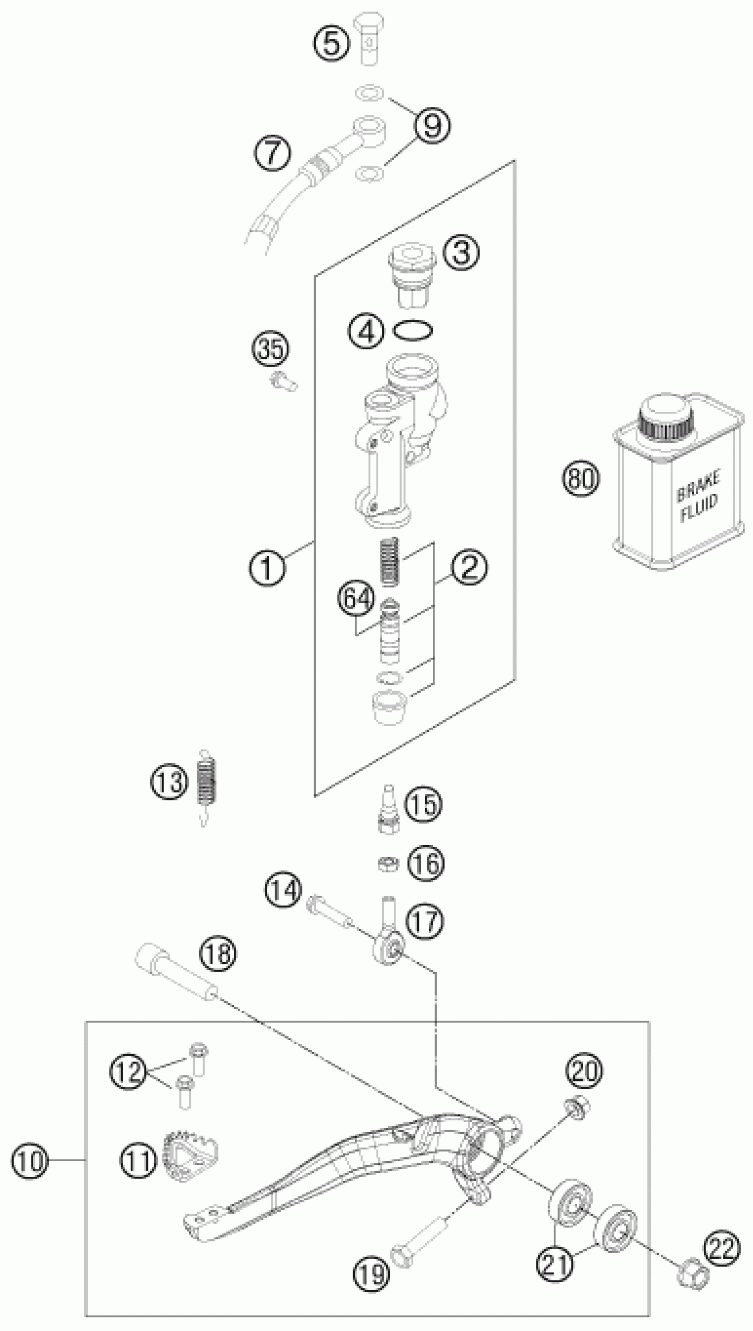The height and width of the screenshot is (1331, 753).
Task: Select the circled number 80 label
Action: [x=580, y=478]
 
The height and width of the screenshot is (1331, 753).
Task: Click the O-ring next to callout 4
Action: [x=413, y=330]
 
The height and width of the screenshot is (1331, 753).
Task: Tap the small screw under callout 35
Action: [x=284, y=383]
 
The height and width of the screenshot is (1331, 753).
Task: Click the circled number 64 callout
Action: [x=357, y=599]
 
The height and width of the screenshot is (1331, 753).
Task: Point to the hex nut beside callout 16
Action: [x=388, y=863]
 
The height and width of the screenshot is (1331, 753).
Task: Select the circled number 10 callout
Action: [x=30, y=1161]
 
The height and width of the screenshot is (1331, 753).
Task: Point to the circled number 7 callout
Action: [x=272, y=152]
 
